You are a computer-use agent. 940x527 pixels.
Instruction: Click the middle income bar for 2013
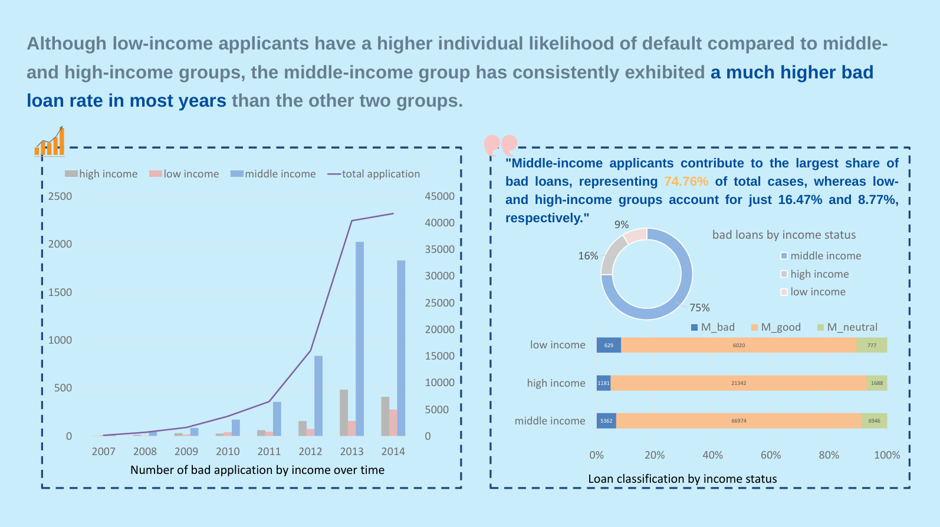(x=360, y=339)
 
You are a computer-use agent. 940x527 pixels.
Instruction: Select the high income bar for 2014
(x=385, y=416)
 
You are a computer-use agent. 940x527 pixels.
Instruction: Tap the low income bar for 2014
(x=393, y=423)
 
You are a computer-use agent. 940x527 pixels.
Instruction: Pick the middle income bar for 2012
(x=318, y=396)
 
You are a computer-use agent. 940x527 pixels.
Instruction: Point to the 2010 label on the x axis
(x=228, y=452)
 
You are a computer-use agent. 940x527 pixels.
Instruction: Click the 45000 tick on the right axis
(x=439, y=196)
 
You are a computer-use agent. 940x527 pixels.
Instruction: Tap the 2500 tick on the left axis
(x=60, y=196)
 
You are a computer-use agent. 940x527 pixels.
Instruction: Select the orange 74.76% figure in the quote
(x=686, y=182)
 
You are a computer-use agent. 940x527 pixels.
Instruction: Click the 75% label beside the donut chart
(x=699, y=308)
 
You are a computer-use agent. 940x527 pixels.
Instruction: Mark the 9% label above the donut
(x=622, y=225)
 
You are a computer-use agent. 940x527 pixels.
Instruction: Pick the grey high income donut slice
(x=612, y=256)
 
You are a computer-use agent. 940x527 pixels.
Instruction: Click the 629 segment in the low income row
(x=609, y=345)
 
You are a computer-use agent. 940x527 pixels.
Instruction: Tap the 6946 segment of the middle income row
(x=874, y=421)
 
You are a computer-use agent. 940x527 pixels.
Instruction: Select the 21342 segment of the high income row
(x=738, y=383)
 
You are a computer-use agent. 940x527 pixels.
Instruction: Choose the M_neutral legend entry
(x=847, y=327)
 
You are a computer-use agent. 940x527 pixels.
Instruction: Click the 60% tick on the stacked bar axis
(x=771, y=455)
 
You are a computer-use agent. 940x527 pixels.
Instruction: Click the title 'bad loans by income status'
(x=784, y=235)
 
